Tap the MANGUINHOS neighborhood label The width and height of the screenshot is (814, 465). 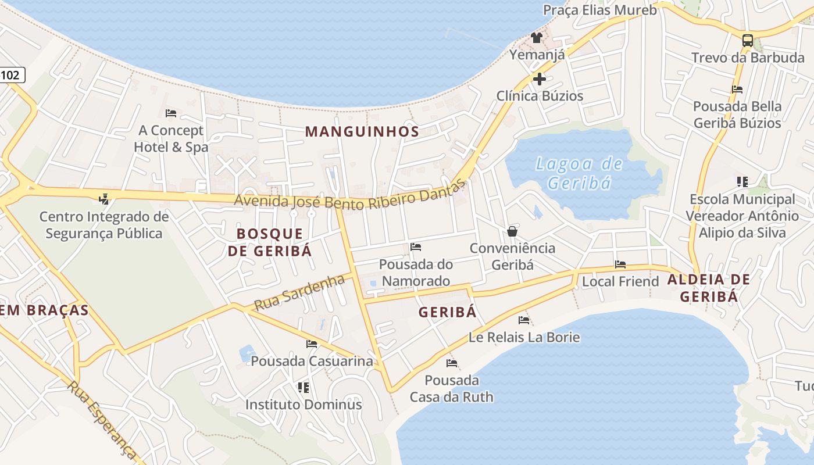(362, 131)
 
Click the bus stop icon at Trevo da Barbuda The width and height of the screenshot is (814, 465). (748, 41)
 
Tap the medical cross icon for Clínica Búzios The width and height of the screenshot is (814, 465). (540, 78)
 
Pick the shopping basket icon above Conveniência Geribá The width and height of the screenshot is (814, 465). (512, 231)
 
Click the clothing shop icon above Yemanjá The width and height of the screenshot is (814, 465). (537, 38)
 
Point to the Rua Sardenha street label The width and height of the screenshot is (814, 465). (299, 292)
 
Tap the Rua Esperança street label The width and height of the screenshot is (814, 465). (102, 420)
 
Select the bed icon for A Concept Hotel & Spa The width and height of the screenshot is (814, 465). (170, 113)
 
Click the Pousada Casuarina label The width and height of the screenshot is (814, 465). (312, 361)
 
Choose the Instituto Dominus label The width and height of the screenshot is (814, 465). (304, 404)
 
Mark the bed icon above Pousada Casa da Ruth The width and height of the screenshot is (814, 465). (451, 363)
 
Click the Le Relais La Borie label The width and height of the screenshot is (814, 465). (524, 337)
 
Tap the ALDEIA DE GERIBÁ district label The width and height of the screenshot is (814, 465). (708, 288)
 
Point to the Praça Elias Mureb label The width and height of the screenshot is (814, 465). (599, 10)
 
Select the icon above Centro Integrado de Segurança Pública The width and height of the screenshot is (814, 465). (103, 199)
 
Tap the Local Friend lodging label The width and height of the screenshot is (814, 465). (620, 281)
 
